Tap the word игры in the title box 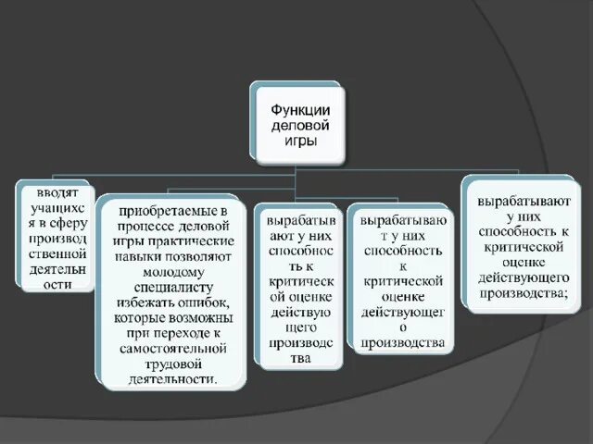[x=296, y=140]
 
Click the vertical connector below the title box [x=296, y=163]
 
